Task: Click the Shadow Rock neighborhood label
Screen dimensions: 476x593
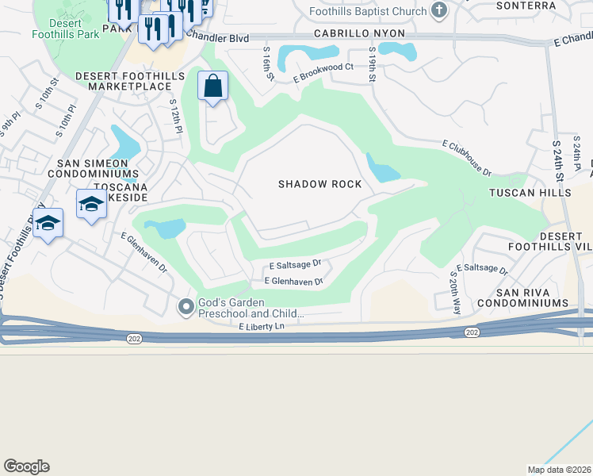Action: pos(319,184)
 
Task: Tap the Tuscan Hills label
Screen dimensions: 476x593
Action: pos(530,193)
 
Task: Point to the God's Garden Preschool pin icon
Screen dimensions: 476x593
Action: pos(186,305)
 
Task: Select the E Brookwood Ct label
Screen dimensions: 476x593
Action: pos(323,73)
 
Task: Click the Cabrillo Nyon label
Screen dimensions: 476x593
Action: pos(358,34)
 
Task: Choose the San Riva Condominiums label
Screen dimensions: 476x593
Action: pos(517,297)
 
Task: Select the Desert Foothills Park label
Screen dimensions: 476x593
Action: pos(66,29)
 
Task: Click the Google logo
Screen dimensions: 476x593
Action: pos(26,466)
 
